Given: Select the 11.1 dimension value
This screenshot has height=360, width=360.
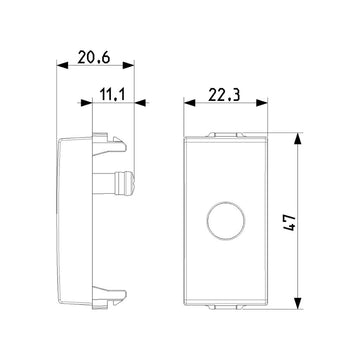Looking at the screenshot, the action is click(112, 95).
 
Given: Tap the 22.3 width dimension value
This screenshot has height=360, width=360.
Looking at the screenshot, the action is click(224, 95).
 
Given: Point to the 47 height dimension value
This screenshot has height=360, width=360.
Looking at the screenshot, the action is click(289, 223).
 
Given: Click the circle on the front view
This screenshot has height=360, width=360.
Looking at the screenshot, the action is click(226, 220).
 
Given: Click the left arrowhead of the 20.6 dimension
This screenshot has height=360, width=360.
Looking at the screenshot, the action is click(62, 65).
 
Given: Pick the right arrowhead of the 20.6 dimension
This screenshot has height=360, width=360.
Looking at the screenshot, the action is click(128, 65).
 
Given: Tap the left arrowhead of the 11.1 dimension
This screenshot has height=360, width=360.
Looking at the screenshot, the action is click(86, 103).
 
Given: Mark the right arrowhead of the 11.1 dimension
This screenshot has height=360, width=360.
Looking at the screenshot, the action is click(140, 103).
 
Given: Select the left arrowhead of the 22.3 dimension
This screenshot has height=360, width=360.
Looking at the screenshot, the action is click(189, 103).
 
